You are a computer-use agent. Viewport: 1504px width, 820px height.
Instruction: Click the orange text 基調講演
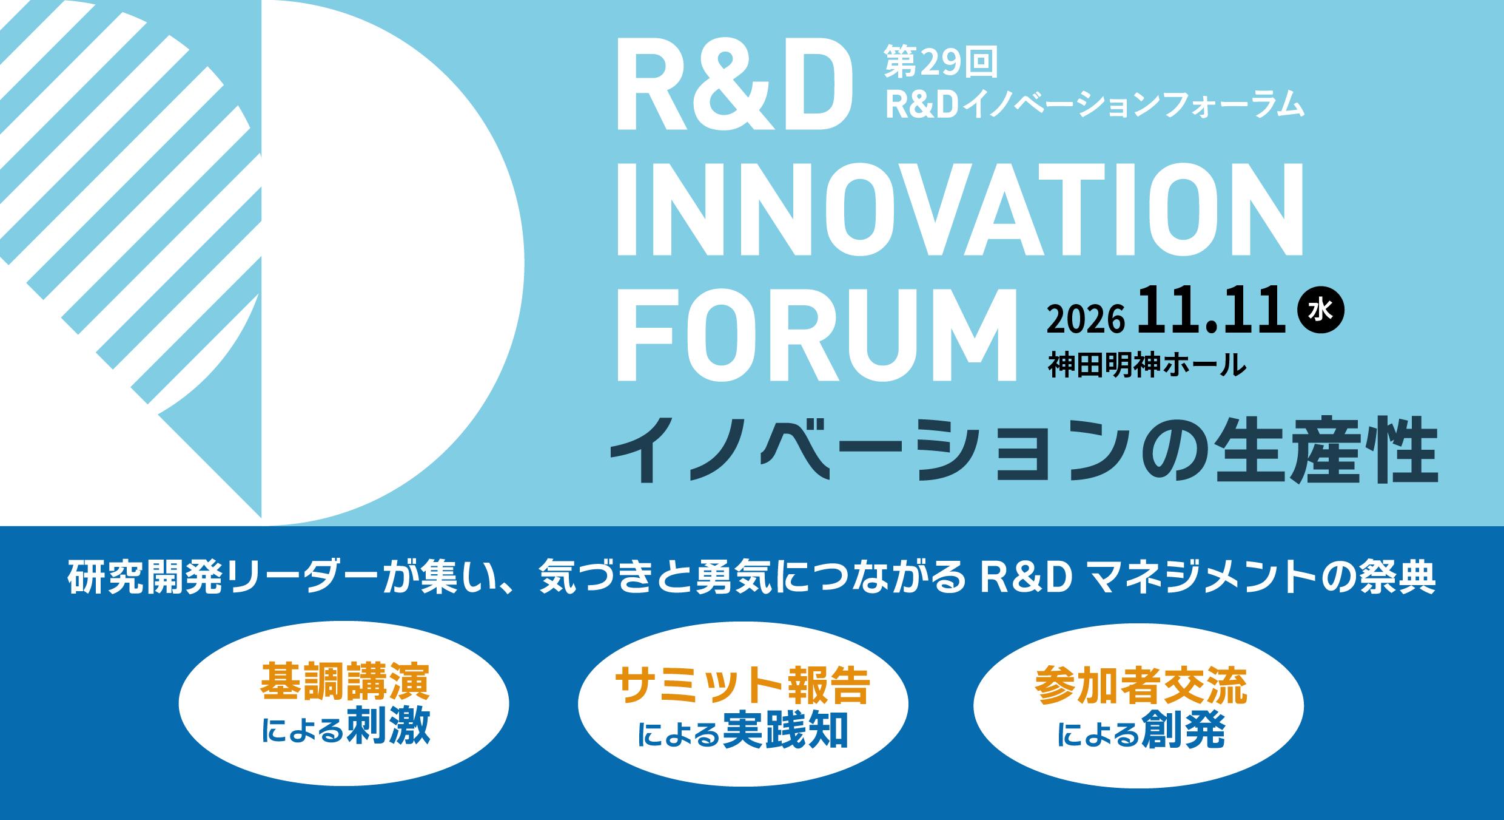click(345, 684)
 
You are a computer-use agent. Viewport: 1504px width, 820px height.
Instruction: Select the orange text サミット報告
click(744, 688)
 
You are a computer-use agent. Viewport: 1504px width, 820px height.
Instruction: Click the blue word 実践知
click(785, 731)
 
